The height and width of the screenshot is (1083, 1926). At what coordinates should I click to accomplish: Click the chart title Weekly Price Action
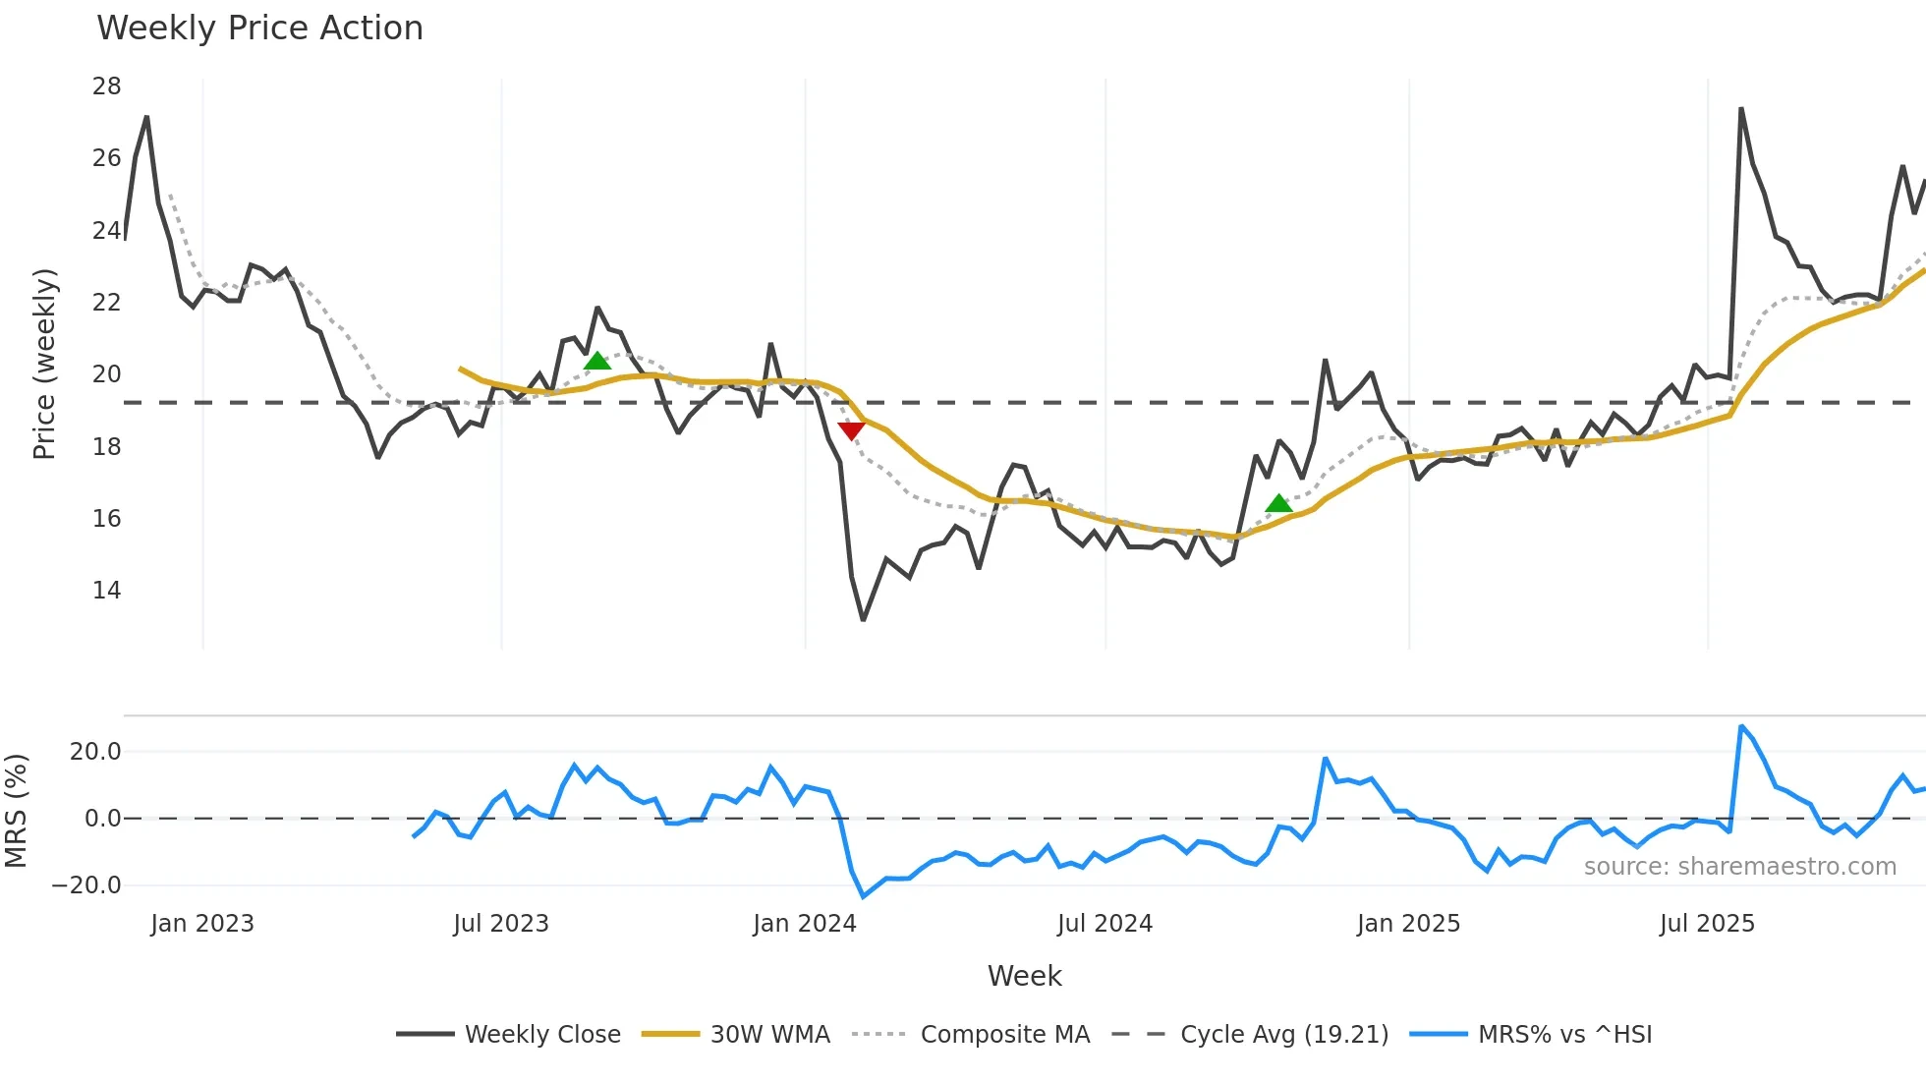[x=259, y=28]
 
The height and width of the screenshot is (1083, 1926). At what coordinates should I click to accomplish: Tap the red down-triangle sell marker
[x=851, y=430]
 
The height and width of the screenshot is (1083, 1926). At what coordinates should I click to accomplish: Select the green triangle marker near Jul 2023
[x=597, y=361]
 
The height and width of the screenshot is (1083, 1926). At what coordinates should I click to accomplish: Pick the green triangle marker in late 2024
[x=1278, y=503]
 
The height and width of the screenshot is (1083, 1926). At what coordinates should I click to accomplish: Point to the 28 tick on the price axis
[x=107, y=86]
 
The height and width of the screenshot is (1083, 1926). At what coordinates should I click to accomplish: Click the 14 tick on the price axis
[x=107, y=591]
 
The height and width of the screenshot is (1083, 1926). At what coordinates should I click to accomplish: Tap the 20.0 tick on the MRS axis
[x=95, y=752]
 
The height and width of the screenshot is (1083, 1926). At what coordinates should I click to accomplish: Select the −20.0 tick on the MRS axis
[x=86, y=885]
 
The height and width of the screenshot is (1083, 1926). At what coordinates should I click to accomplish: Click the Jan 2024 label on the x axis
[x=805, y=924]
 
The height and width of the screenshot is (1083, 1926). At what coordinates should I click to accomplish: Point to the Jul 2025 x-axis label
[x=1707, y=924]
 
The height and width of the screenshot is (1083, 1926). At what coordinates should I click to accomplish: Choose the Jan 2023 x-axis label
[x=202, y=924]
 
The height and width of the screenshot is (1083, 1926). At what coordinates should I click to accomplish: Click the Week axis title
[x=1024, y=976]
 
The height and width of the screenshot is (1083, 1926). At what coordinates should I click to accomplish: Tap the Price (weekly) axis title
[x=44, y=364]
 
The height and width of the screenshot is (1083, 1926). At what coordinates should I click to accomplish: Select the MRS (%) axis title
[x=16, y=811]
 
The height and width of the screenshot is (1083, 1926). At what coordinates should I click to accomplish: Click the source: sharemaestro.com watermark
[x=1739, y=867]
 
